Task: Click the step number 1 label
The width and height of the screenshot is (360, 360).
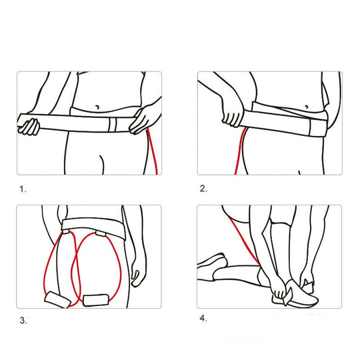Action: (23, 189)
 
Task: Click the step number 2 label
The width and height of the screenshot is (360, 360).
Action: (203, 189)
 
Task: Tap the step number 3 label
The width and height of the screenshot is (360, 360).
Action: (23, 321)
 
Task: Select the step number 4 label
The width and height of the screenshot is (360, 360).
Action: (203, 318)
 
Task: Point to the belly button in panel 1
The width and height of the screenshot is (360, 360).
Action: (98, 107)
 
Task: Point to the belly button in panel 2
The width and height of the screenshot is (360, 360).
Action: (305, 106)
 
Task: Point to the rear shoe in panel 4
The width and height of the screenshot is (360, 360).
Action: (213, 263)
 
